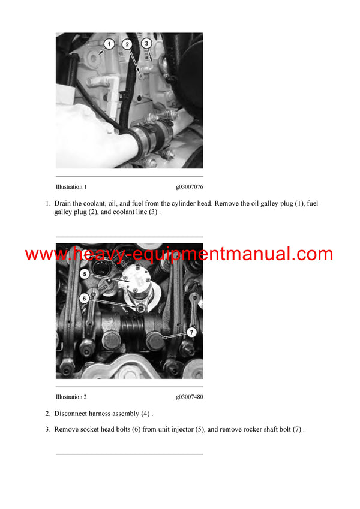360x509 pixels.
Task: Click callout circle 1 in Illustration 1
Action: pos(109,44)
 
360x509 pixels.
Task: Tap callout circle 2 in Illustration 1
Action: pos(128,44)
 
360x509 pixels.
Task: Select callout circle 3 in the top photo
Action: pos(145,43)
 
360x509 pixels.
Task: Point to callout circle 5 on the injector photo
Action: pos(86,274)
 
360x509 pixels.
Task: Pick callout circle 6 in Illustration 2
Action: pos(85,297)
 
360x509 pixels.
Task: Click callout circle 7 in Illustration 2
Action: pos(191,332)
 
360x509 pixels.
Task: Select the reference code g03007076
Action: pos(189,187)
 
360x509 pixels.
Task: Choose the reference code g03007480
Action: pos(189,397)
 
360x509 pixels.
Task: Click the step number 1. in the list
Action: pos(48,204)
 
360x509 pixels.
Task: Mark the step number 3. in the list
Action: pos(48,429)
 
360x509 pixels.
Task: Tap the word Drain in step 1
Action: pos(64,204)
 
